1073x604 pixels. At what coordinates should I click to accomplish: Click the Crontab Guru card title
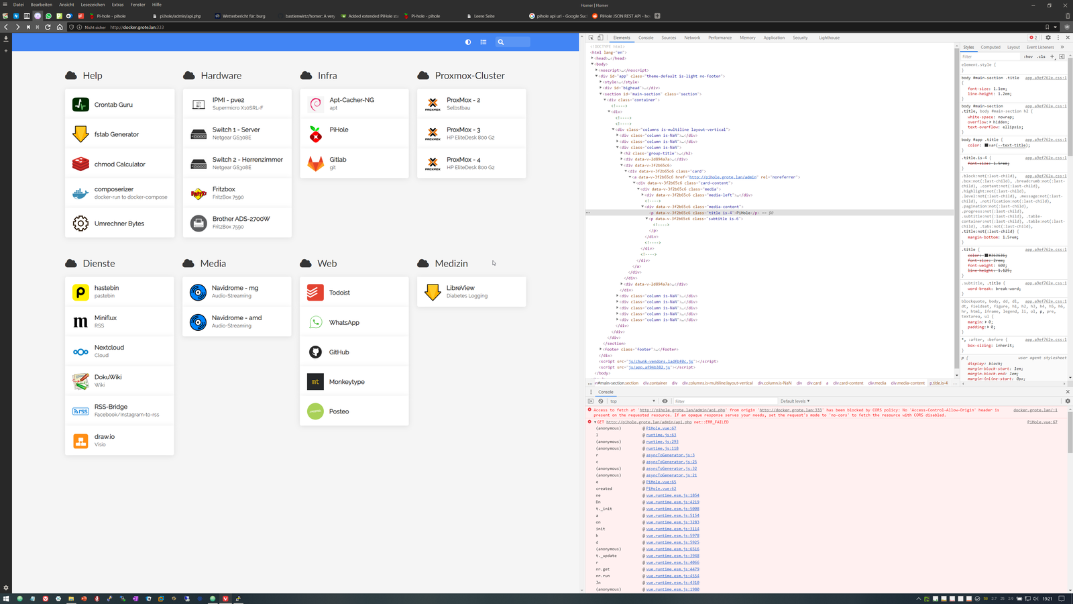[x=113, y=105]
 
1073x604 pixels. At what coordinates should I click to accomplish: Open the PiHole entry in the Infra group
[x=339, y=130]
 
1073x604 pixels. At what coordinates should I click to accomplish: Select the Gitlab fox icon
[x=315, y=164]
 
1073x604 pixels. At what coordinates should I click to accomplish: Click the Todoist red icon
[x=315, y=293]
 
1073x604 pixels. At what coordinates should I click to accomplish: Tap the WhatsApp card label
[x=344, y=323]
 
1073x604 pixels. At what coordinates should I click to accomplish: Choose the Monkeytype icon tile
[x=315, y=382]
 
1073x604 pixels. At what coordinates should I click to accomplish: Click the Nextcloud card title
[x=109, y=348]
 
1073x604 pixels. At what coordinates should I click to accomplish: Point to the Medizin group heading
[x=451, y=264]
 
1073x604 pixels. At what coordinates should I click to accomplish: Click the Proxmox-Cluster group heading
[x=469, y=76]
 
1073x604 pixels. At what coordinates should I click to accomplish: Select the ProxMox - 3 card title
[x=463, y=130]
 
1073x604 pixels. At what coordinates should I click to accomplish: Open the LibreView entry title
[x=460, y=288]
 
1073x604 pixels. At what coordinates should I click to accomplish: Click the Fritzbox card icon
[x=199, y=193]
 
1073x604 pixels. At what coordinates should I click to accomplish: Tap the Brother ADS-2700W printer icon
[x=199, y=223]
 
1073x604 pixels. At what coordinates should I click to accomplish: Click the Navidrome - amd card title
[x=237, y=318]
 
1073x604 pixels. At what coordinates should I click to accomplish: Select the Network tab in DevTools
[x=692, y=38]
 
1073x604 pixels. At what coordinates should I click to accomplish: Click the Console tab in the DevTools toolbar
[x=646, y=38]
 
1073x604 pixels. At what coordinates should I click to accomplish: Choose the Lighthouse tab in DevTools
[x=829, y=38]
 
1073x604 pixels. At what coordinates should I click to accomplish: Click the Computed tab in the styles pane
[x=991, y=47]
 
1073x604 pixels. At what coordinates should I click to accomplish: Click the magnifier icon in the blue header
[x=500, y=42]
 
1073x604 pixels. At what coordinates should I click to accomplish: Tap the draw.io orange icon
[x=80, y=441]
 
